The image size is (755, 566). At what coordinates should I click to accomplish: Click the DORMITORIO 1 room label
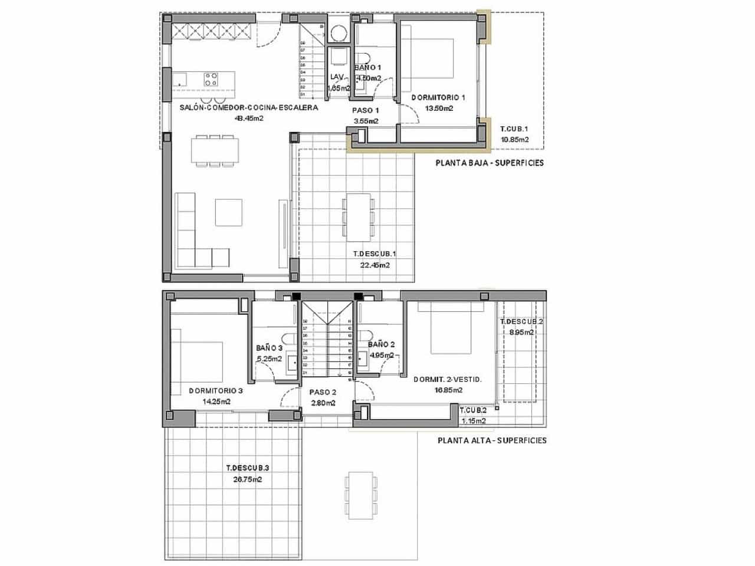click(x=438, y=97)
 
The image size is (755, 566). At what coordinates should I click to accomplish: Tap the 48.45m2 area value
click(x=249, y=118)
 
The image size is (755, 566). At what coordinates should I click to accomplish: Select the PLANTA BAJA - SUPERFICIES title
click(x=490, y=163)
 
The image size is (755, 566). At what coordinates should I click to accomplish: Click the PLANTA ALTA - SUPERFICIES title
click(x=492, y=440)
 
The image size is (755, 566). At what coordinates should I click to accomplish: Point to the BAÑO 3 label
click(x=269, y=348)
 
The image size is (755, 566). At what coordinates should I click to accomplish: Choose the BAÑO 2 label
click(x=381, y=344)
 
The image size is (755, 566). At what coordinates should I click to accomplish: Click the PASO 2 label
click(x=323, y=392)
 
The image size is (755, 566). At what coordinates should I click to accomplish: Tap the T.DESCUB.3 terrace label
click(x=248, y=468)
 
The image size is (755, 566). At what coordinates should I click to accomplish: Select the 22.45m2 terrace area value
click(x=375, y=265)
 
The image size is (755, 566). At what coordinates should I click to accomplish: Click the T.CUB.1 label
click(x=514, y=129)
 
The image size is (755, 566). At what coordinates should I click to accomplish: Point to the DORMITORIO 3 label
click(x=216, y=391)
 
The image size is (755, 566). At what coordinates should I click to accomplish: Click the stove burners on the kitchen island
click(x=211, y=79)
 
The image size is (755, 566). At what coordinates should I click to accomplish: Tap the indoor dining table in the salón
click(x=215, y=150)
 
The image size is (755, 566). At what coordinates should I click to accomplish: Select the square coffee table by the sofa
click(x=228, y=212)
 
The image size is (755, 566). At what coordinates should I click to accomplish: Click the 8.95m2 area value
click(x=521, y=332)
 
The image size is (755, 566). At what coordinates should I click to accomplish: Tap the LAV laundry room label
click(x=337, y=77)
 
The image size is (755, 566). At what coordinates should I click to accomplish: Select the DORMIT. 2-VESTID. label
click(x=448, y=380)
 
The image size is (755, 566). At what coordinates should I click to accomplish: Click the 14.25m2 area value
click(x=215, y=402)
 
